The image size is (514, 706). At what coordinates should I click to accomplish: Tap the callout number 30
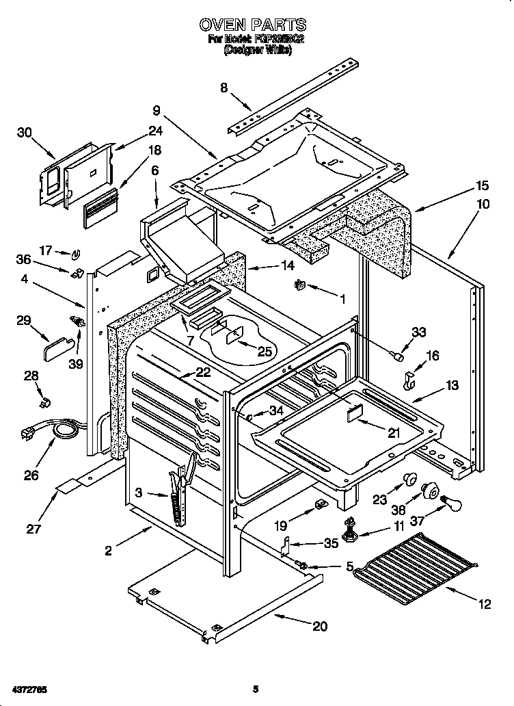(x=25, y=133)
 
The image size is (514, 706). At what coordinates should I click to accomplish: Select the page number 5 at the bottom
(x=255, y=688)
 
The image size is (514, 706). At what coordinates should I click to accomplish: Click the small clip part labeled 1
(x=299, y=283)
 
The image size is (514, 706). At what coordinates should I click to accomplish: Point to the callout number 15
(x=483, y=185)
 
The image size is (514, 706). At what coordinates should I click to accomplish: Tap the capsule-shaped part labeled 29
(x=54, y=350)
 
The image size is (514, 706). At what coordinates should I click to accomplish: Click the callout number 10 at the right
(x=483, y=204)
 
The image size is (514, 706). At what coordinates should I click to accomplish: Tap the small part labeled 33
(x=394, y=355)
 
